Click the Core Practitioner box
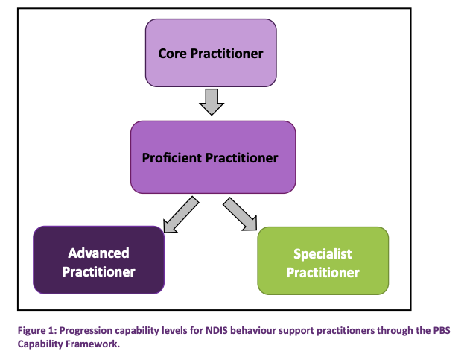click(211, 52)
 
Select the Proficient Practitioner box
click(213, 157)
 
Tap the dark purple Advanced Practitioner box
click(98, 261)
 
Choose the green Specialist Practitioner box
click(323, 261)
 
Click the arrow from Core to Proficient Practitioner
click(212, 101)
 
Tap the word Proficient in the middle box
click(175, 158)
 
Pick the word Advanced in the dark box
click(98, 253)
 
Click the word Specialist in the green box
click(323, 254)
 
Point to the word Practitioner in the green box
click(323, 272)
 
